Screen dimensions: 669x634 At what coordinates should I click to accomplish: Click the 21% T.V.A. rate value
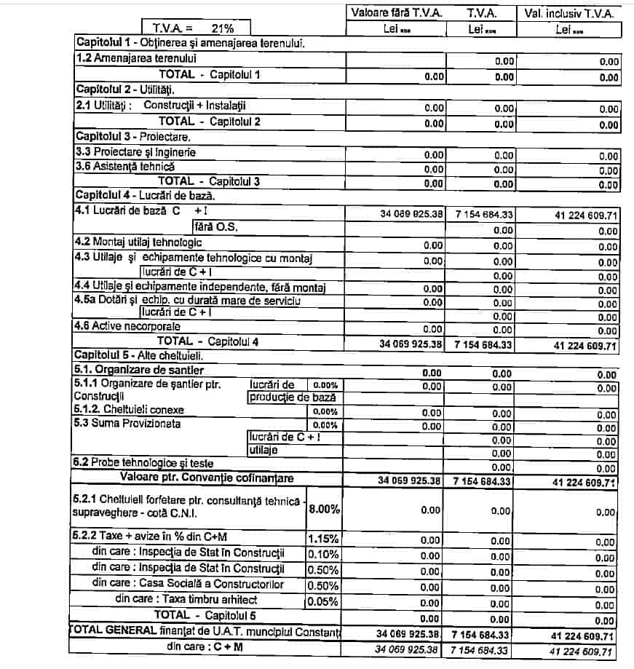tap(221, 29)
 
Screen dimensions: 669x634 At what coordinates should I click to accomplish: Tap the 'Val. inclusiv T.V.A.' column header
tap(569, 13)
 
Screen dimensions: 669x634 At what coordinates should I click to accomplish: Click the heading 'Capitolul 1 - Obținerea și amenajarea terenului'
tap(190, 43)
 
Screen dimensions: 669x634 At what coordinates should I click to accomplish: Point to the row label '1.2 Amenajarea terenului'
tap(136, 58)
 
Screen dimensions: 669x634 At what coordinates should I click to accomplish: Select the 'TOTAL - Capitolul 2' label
tap(210, 122)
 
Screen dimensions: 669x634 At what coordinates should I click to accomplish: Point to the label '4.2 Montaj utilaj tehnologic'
tap(139, 242)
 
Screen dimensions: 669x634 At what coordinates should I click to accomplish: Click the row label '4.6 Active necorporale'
tap(127, 327)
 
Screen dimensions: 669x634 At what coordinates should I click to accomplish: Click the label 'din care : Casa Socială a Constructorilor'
tap(188, 584)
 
